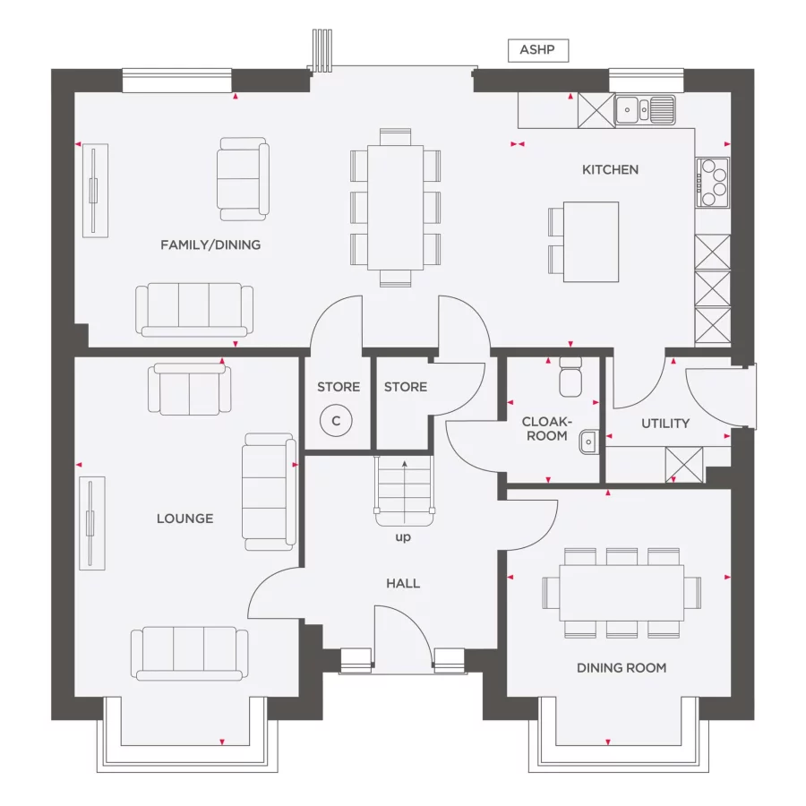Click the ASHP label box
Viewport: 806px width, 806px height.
point(537,50)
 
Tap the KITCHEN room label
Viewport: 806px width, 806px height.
point(610,169)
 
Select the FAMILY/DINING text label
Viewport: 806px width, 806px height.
point(210,244)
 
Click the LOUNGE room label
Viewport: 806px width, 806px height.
point(184,519)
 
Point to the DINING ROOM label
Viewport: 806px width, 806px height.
point(621,667)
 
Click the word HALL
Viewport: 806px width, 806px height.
point(403,583)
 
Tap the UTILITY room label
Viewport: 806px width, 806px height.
point(665,423)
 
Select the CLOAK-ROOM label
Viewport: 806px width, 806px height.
point(546,428)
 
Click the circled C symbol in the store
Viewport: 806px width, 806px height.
point(337,421)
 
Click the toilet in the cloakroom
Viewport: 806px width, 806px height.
point(570,378)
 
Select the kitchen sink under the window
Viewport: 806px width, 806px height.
point(645,109)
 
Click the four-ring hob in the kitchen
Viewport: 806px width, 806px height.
point(714,182)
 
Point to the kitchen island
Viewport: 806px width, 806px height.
point(591,241)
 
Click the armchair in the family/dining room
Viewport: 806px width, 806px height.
point(243,178)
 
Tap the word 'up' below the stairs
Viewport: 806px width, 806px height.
point(403,537)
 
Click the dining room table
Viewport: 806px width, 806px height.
point(622,592)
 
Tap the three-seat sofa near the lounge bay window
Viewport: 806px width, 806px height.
point(189,651)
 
